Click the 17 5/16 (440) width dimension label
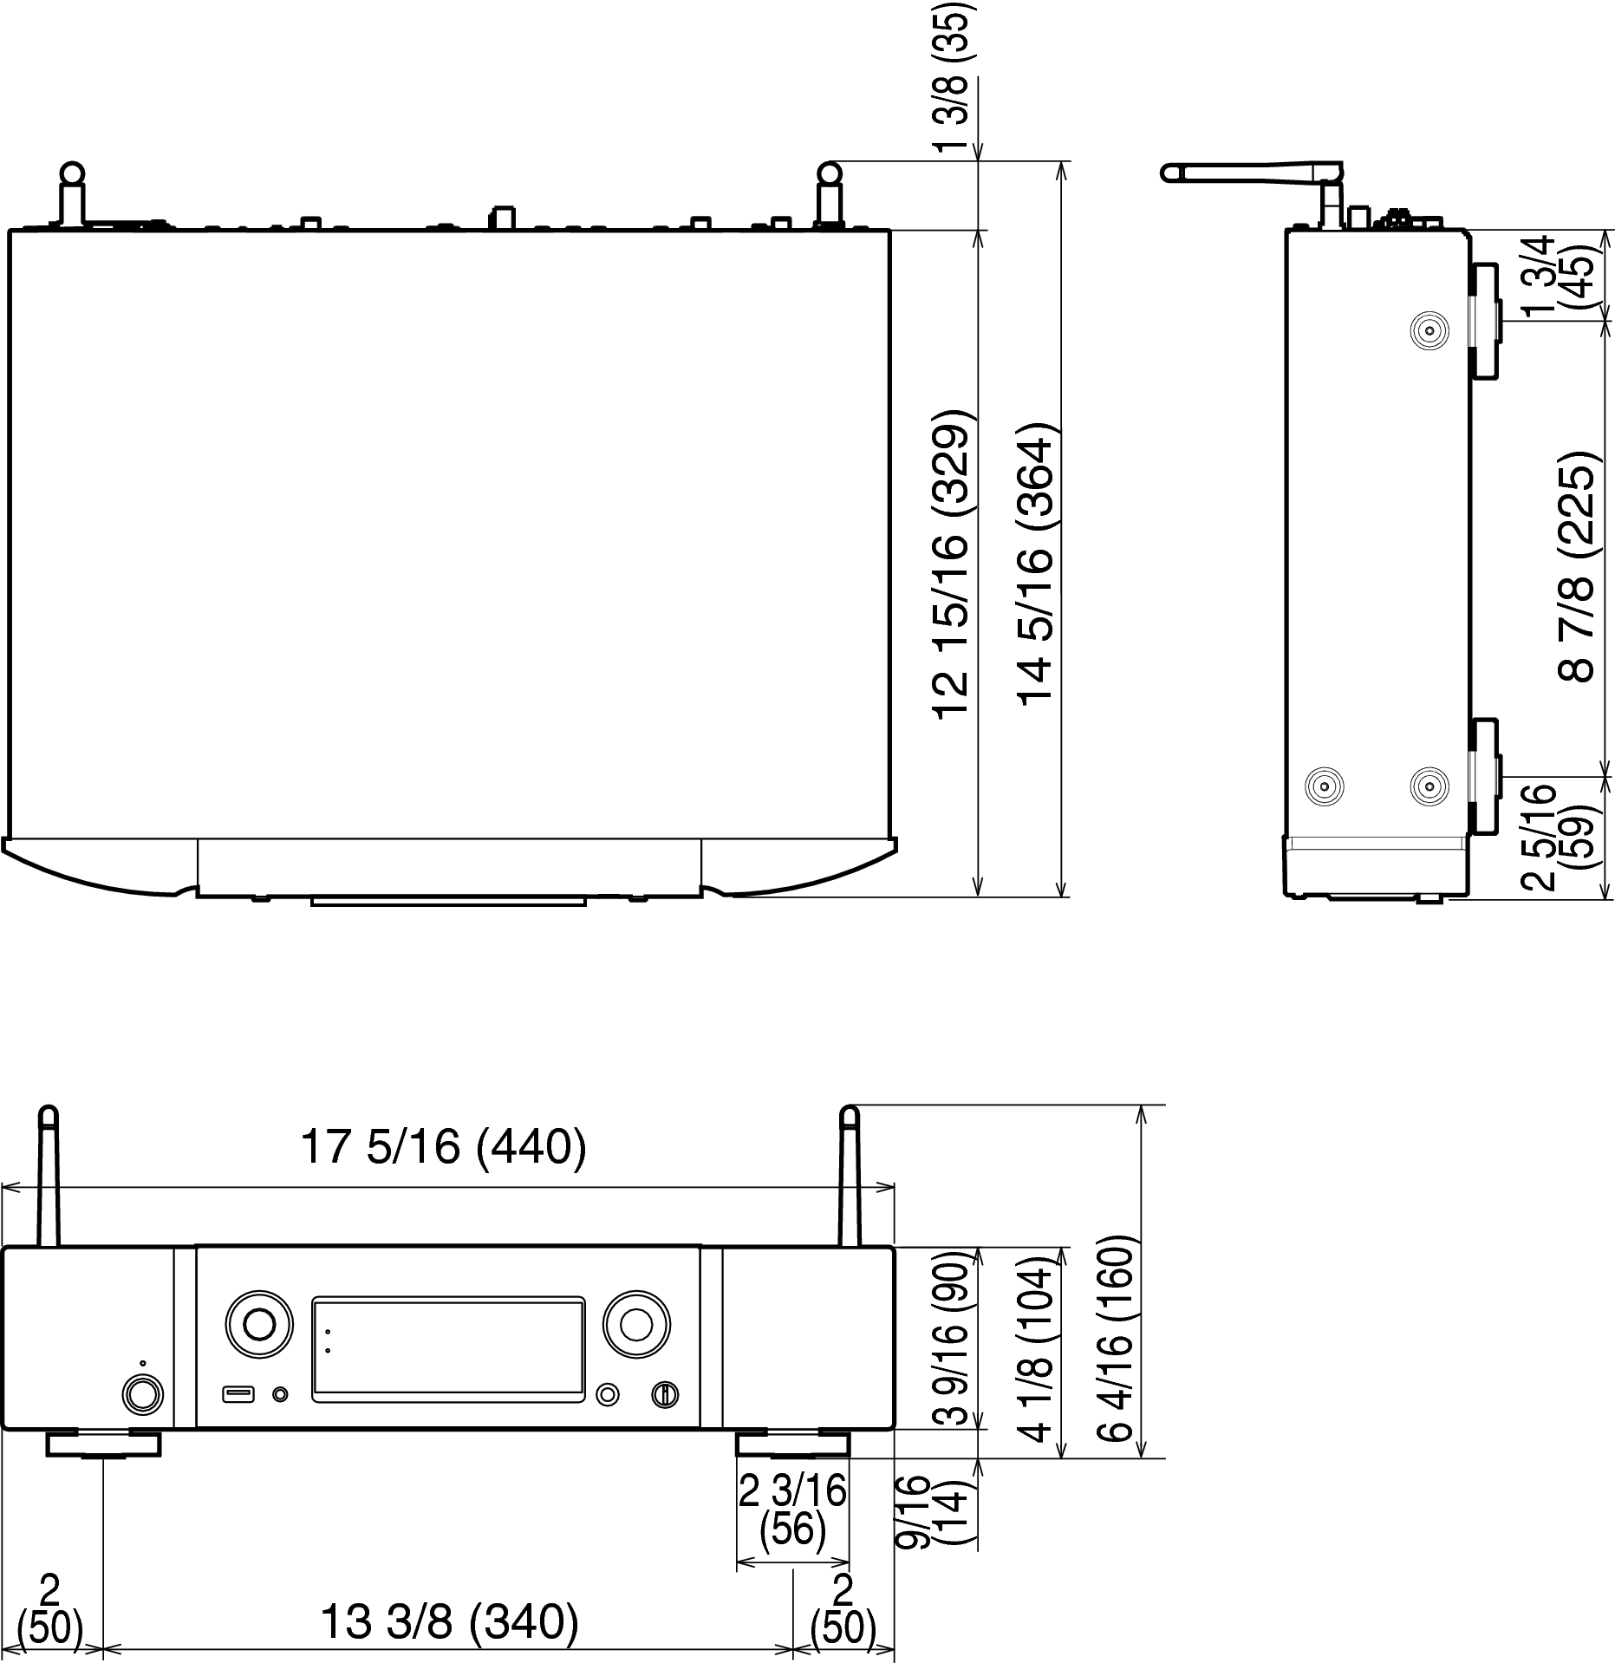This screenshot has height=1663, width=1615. (443, 1147)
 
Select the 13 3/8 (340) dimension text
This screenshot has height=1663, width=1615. (449, 1621)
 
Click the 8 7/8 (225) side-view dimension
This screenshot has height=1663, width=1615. (1576, 567)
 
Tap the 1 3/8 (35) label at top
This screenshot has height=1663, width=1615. (954, 76)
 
